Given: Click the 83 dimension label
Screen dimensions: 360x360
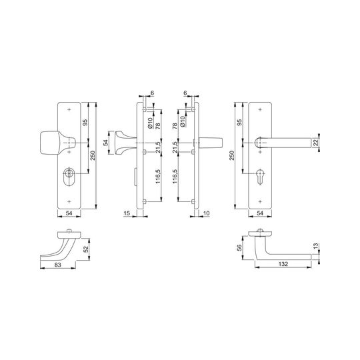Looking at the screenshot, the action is coord(57,265).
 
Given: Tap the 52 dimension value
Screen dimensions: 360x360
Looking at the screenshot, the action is coord(85,249).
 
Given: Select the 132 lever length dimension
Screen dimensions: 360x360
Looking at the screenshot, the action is coord(283,264).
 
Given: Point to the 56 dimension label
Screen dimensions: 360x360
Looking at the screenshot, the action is coord(239,248).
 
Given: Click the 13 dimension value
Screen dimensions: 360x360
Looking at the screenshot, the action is coord(316,246).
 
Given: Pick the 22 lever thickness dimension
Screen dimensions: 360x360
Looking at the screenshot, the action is coord(316,143).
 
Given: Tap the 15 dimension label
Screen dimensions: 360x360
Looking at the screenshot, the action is coord(127,213).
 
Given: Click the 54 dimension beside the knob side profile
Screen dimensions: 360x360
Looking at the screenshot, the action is coord(106,143).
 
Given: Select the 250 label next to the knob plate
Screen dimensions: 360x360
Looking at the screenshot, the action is coord(93,155).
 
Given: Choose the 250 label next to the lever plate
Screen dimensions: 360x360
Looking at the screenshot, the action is coord(232,155).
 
